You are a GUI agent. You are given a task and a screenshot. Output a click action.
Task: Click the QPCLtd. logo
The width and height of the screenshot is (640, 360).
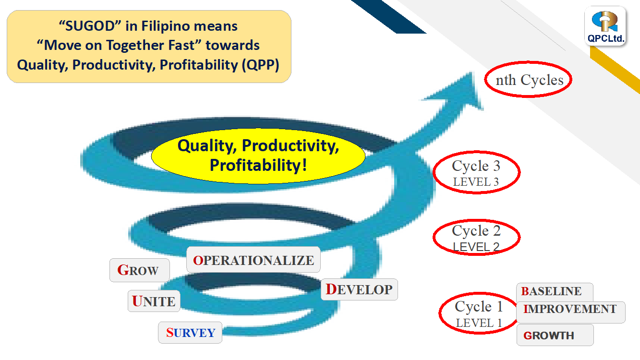605,26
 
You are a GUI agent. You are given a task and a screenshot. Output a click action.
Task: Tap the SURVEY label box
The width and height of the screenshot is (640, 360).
190,333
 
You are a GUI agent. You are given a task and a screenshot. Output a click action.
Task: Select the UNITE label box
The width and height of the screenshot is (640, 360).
154,301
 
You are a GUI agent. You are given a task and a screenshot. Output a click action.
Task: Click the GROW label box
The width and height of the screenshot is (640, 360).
139,270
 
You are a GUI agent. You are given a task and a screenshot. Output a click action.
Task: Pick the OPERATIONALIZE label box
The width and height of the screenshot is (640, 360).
254,260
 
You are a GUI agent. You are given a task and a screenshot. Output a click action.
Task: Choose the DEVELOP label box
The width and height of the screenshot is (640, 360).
359,289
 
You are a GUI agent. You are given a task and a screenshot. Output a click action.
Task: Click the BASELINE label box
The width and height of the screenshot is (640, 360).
555,292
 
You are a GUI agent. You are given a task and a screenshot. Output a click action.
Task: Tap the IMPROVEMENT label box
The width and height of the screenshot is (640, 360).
571,312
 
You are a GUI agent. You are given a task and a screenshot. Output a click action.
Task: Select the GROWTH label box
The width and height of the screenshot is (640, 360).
555,335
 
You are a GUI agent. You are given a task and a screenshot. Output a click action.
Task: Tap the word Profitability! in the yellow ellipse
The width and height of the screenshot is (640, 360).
258,165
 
